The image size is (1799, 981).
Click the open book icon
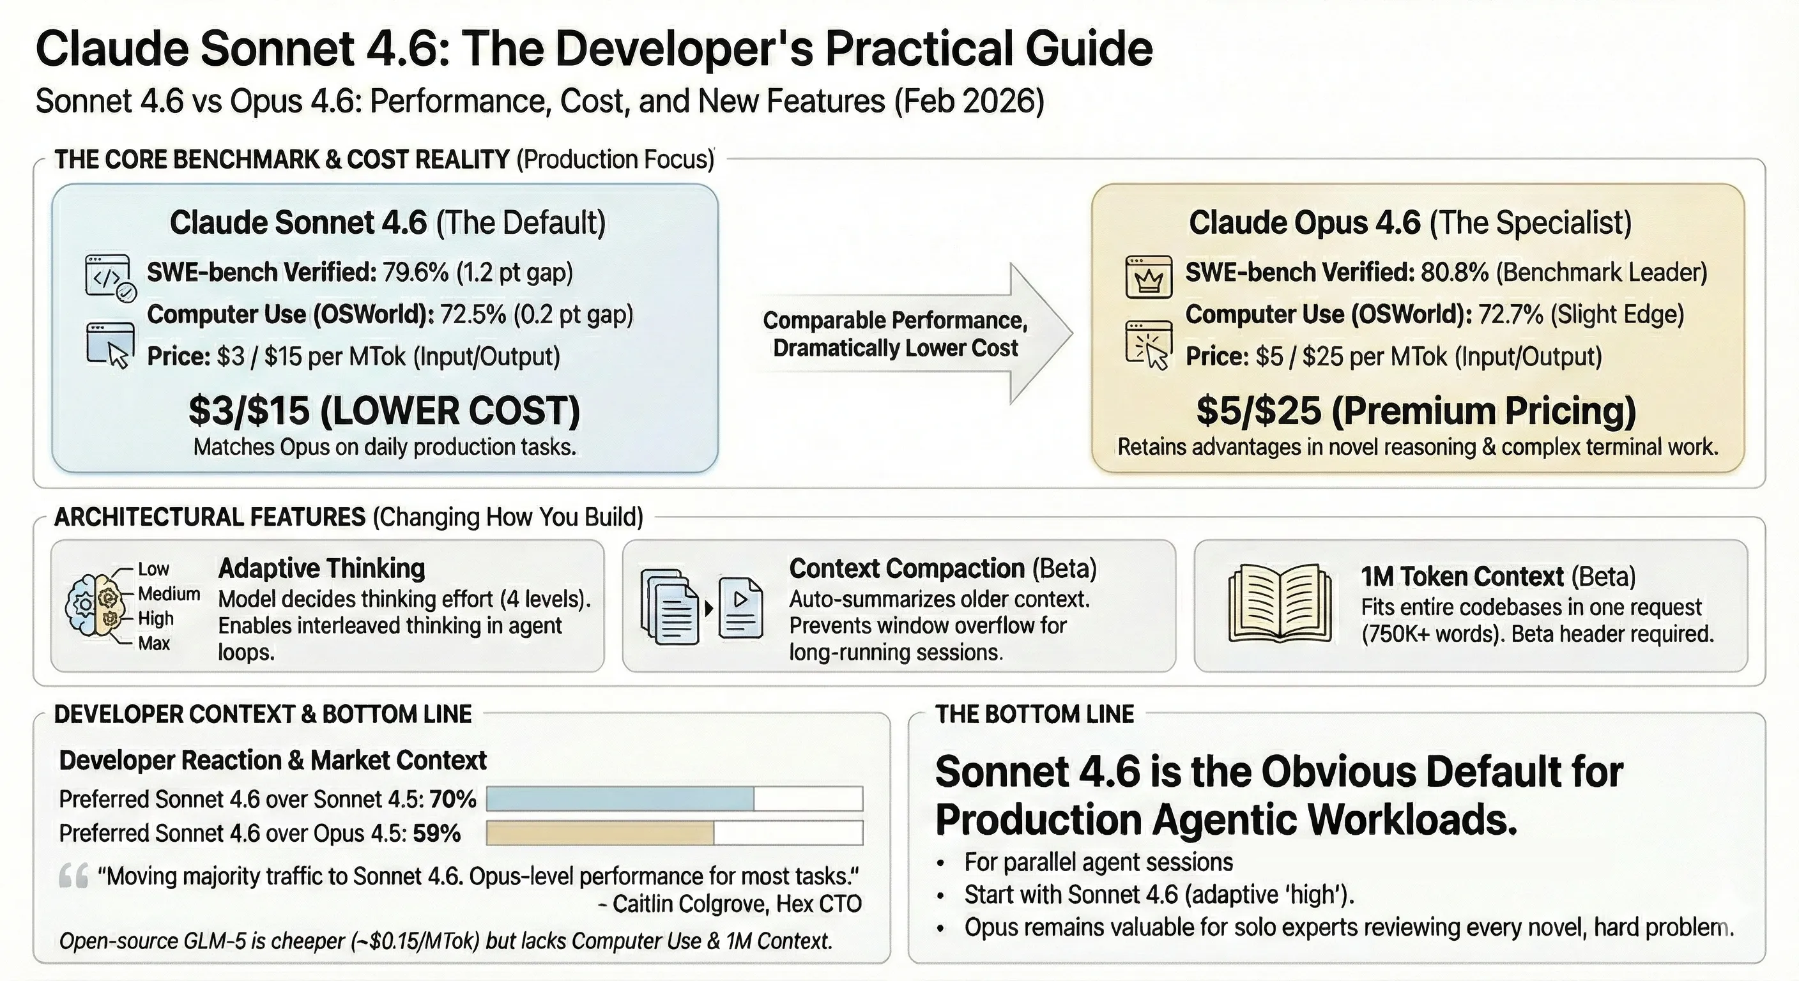click(1280, 604)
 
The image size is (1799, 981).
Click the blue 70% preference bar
click(620, 798)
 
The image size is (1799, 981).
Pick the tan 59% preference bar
click(600, 833)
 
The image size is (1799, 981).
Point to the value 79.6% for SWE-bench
click(415, 272)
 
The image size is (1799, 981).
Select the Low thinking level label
click(153, 569)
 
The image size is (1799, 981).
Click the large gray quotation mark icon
click(73, 876)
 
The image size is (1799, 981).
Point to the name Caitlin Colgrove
click(691, 904)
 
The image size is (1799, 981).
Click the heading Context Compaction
click(907, 568)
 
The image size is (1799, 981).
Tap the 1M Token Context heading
click(1462, 577)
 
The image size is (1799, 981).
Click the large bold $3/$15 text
click(249, 411)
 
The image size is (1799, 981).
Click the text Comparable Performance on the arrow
click(894, 321)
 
